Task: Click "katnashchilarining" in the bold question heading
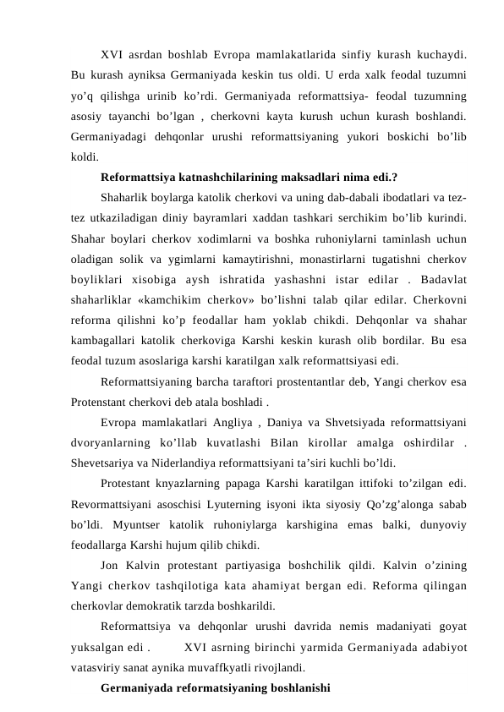point(222,178)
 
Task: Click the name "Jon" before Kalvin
point(111,563)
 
